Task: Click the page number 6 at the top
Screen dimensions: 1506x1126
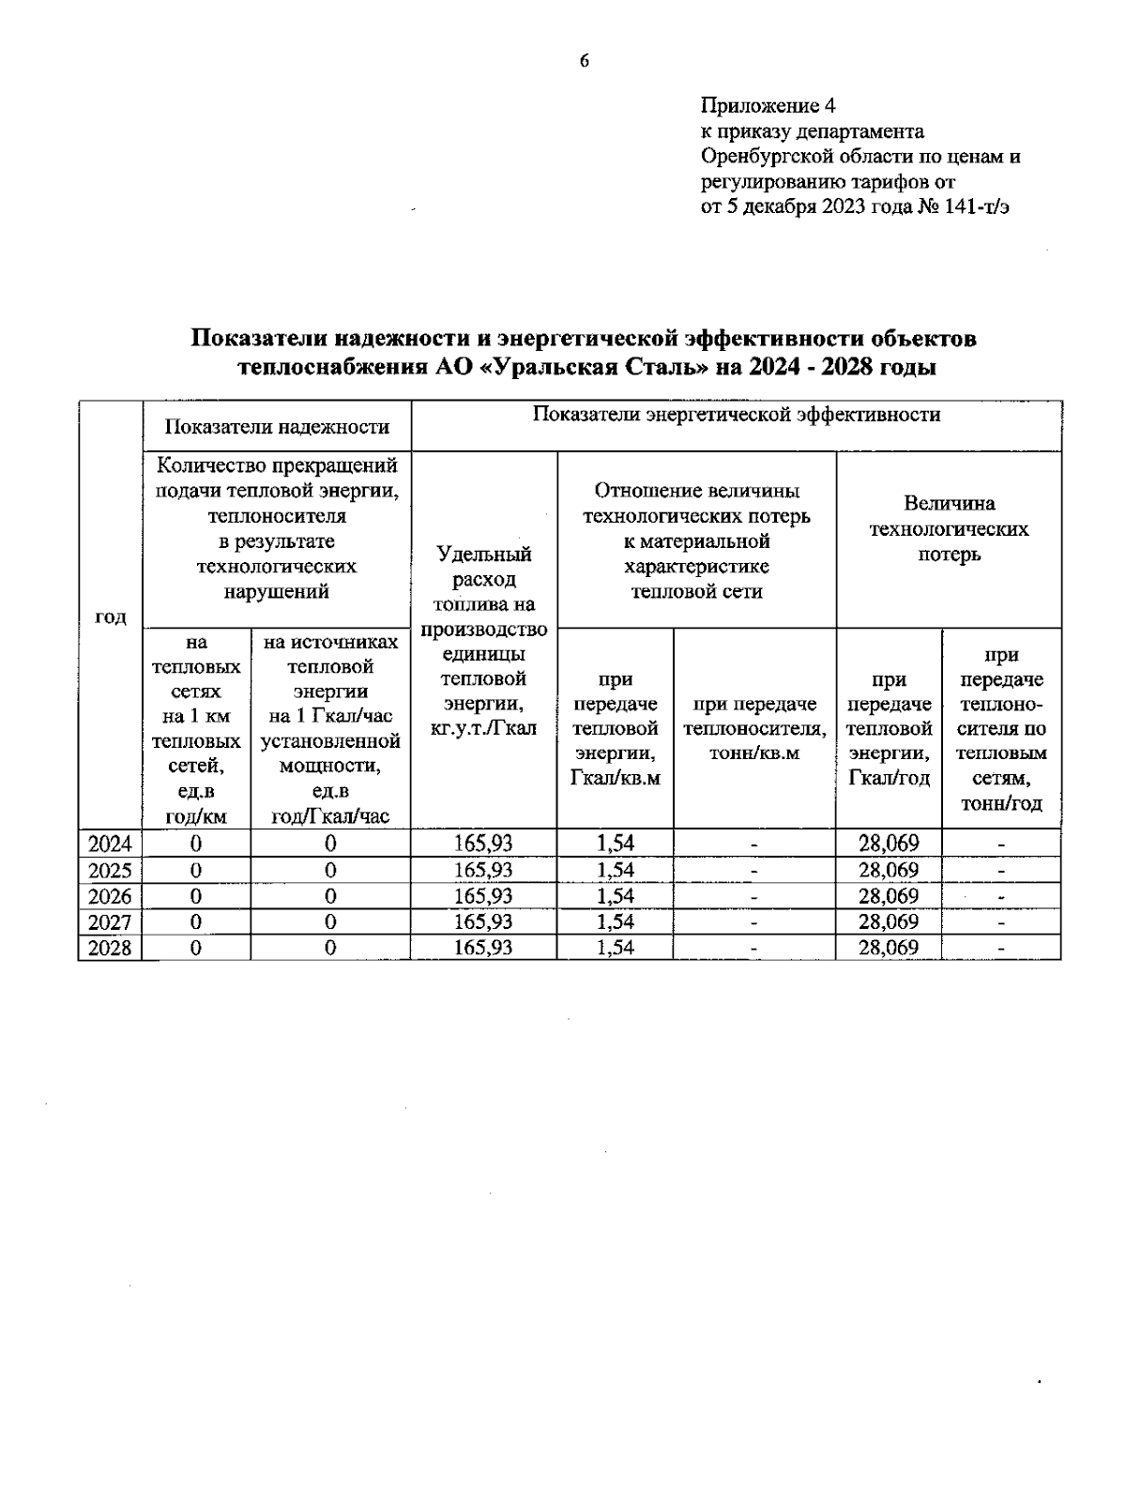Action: pos(584,62)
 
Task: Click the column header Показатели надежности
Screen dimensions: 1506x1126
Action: pos(277,427)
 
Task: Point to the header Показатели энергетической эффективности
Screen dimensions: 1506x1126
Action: pos(737,415)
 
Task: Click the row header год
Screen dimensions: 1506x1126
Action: pos(110,616)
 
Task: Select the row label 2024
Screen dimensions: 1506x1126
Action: pos(110,843)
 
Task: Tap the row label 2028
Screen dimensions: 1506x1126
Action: pos(110,948)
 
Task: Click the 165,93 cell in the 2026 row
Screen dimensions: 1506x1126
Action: pos(483,895)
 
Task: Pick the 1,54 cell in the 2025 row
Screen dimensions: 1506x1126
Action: pos(615,869)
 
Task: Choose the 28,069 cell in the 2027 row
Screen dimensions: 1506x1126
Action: pos(888,921)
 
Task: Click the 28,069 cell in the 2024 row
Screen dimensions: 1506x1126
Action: pos(888,843)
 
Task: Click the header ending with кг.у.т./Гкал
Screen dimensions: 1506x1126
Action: pos(483,727)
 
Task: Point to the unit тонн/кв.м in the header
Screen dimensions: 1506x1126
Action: pos(754,753)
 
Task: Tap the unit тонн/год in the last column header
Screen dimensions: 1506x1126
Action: pos(1001,804)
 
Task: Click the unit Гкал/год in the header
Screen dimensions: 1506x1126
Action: pos(888,778)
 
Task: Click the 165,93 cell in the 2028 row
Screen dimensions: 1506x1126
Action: pos(483,948)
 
